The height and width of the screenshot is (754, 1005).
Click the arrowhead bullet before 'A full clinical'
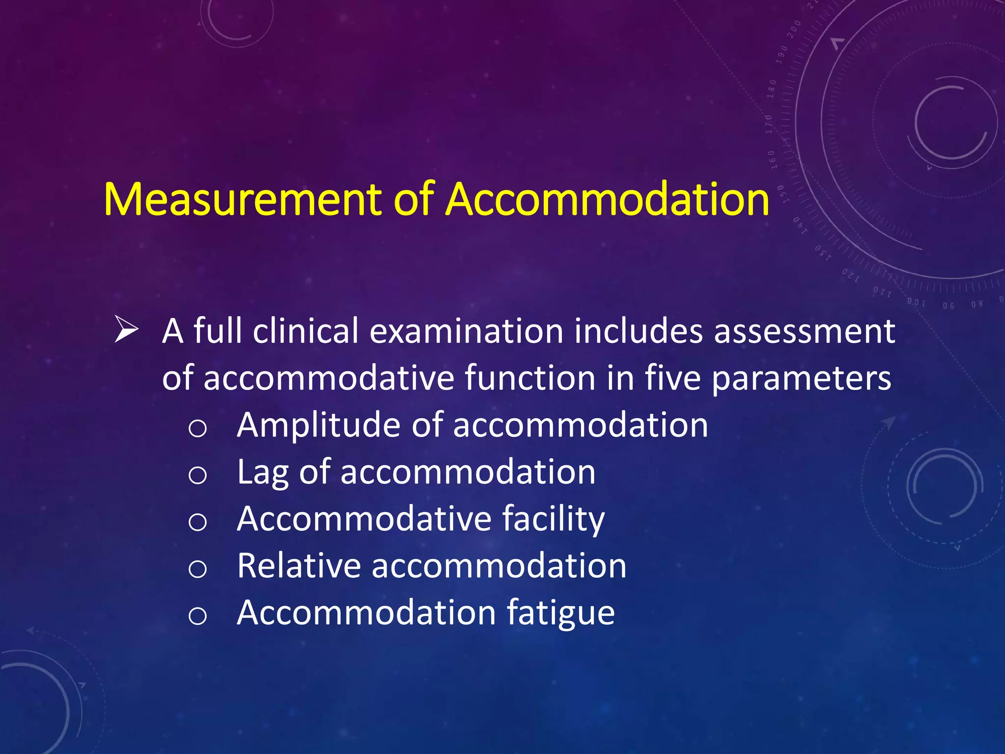tap(126, 330)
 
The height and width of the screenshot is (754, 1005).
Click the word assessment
tap(804, 331)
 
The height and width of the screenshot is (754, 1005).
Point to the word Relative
tap(299, 565)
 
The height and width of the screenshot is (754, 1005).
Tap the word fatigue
tap(560, 614)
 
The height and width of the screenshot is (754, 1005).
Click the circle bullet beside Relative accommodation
tap(197, 569)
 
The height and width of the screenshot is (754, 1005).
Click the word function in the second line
tap(530, 378)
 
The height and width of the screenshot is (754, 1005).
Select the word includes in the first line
tap(638, 331)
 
